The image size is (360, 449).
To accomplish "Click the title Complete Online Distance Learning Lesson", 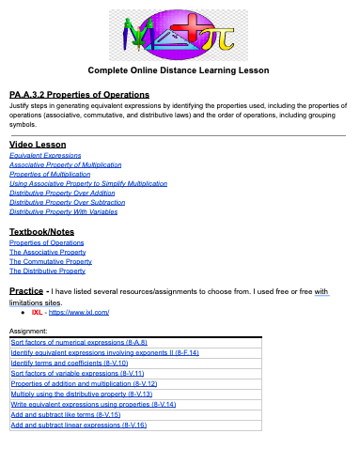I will coord(179,70).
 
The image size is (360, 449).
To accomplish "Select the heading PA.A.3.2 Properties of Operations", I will coord(79,95).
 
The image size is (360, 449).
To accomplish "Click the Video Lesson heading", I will coord(38,144).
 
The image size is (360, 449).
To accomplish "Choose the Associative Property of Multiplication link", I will coord(66,164).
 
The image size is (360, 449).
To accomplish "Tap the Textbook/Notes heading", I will coord(43,231).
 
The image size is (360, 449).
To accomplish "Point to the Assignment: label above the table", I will coord(28,332).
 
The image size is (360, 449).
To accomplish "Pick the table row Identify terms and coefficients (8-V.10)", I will coord(64,363).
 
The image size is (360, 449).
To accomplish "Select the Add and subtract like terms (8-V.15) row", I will coord(66,413).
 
